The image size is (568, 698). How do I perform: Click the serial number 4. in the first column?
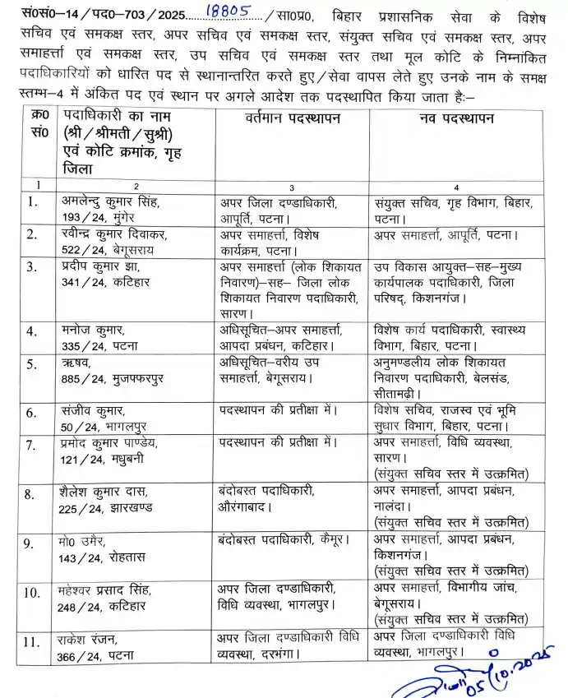34,331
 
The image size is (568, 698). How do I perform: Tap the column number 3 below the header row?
292,187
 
